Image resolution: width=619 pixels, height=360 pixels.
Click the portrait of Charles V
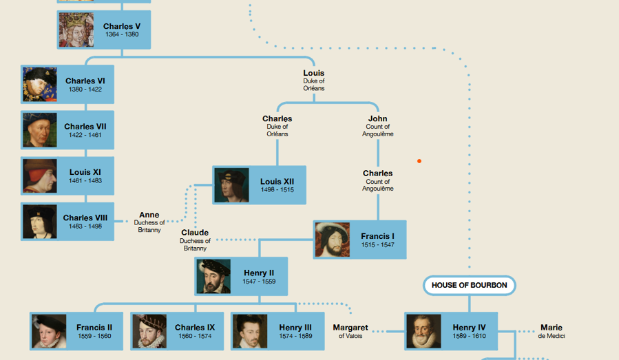point(76,30)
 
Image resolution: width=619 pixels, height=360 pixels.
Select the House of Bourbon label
point(469,285)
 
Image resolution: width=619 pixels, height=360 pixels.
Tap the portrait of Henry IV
point(423,331)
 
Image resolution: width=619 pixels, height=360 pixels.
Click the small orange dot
point(419,161)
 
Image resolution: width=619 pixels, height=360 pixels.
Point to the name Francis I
point(377,236)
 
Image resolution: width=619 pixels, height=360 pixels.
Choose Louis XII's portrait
point(231,185)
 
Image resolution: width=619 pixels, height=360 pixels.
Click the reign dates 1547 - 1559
point(259,282)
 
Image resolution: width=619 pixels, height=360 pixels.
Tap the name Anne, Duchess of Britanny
point(149,222)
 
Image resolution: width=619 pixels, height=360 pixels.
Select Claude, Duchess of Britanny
point(195,240)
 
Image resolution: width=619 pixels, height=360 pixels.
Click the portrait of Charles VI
point(40,85)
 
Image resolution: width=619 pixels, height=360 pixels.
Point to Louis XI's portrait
point(40,176)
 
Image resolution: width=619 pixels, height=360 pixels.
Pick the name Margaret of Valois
point(350,331)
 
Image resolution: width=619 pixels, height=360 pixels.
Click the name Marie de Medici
point(552,331)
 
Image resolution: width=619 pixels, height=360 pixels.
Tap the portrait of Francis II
point(49,331)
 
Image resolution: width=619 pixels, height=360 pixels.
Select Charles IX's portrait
point(149,331)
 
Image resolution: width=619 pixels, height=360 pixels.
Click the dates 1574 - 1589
point(295,336)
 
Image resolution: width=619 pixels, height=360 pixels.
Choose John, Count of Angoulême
point(377,125)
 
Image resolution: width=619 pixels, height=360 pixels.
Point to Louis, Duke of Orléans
point(314,80)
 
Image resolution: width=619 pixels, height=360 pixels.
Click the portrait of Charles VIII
point(40,222)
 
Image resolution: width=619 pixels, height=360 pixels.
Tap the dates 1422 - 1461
point(85,135)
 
